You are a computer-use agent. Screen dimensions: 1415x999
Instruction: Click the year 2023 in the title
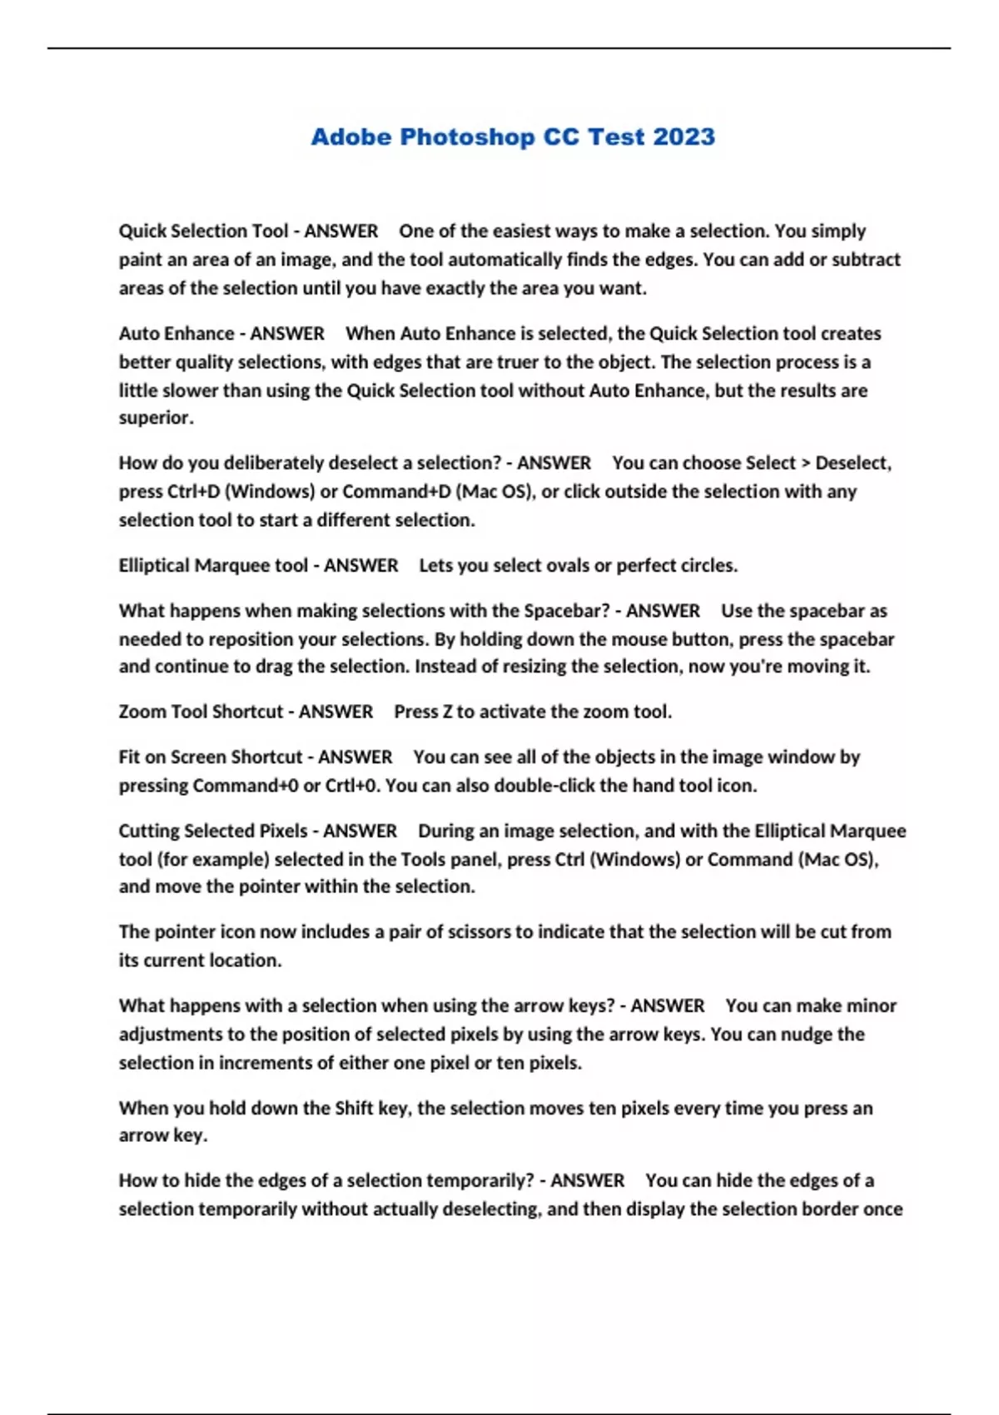(683, 137)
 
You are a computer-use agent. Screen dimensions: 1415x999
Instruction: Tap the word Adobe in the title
(350, 137)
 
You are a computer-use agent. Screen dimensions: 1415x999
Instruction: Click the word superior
(156, 418)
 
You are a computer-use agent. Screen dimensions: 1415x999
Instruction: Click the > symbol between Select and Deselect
(805, 463)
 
